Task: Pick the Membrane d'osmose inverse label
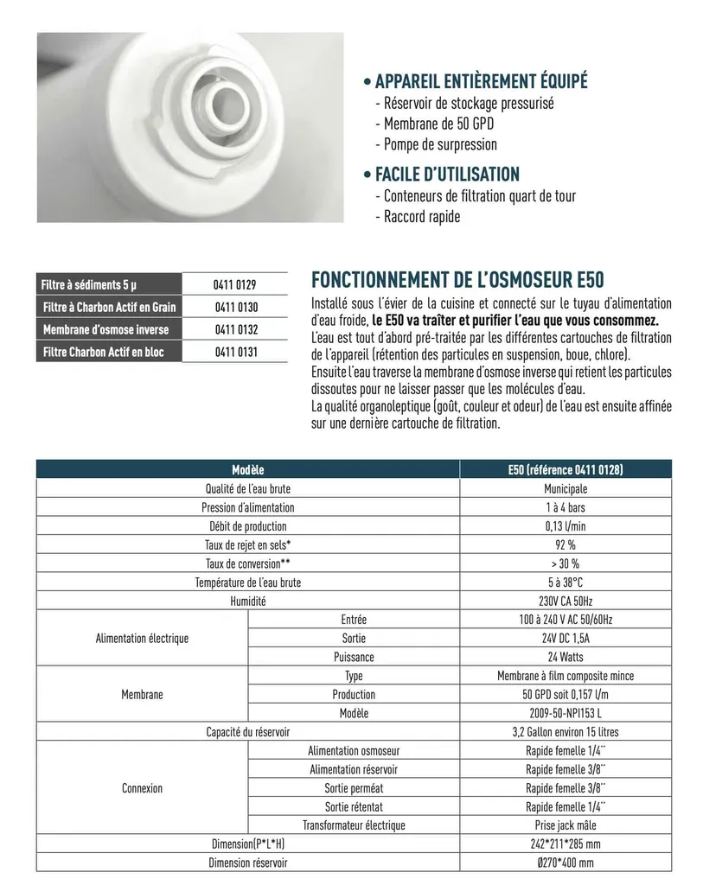tap(106, 330)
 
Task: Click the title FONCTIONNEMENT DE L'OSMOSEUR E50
tap(457, 281)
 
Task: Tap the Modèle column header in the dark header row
tap(247, 469)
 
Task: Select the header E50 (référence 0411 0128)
tap(566, 469)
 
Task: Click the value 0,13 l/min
tap(566, 525)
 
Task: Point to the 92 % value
tap(566, 544)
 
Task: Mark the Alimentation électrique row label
tap(142, 639)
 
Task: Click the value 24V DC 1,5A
tap(566, 639)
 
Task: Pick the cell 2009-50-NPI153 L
tap(566, 713)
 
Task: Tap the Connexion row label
tap(142, 788)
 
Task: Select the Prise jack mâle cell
tap(566, 825)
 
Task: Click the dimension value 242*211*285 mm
tap(566, 844)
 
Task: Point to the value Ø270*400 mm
tap(566, 863)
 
